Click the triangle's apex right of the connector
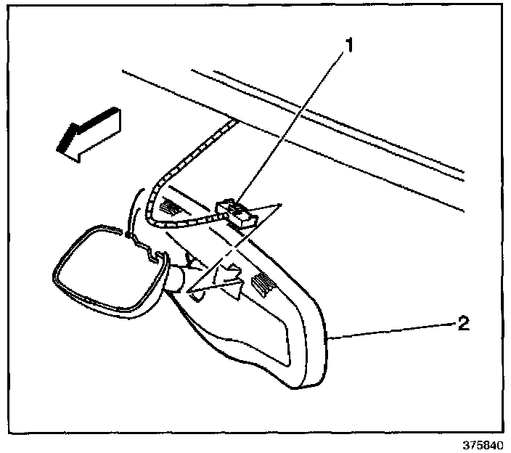pyautogui.click(x=280, y=206)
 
